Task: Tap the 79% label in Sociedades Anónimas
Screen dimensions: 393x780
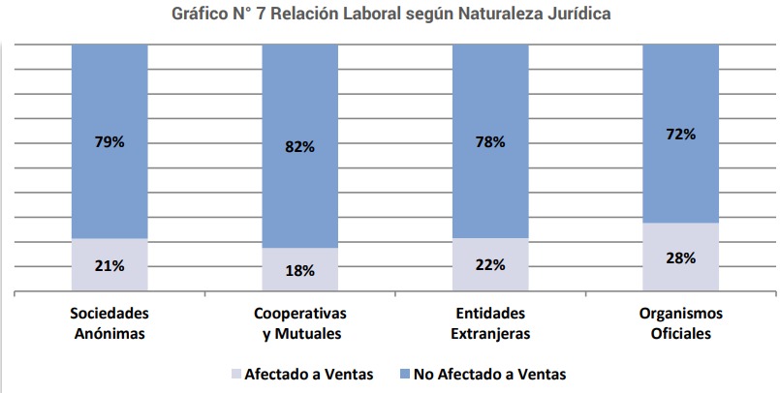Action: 109,142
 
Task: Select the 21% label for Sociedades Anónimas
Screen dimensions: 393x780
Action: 109,265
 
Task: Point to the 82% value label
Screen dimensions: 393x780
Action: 300,147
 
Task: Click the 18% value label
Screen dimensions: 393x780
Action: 300,270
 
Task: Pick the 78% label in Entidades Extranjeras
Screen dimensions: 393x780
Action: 490,142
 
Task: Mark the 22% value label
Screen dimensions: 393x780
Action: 490,265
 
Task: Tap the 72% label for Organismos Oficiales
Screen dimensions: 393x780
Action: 681,134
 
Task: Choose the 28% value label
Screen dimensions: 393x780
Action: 681,257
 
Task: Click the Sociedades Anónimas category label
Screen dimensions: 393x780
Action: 109,324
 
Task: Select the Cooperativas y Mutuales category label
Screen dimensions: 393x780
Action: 300,324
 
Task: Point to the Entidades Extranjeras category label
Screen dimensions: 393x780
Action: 490,324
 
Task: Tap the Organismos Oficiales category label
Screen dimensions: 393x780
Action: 681,324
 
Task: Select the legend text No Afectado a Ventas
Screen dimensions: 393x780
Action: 488,373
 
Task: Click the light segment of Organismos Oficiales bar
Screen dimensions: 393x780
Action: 681,276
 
